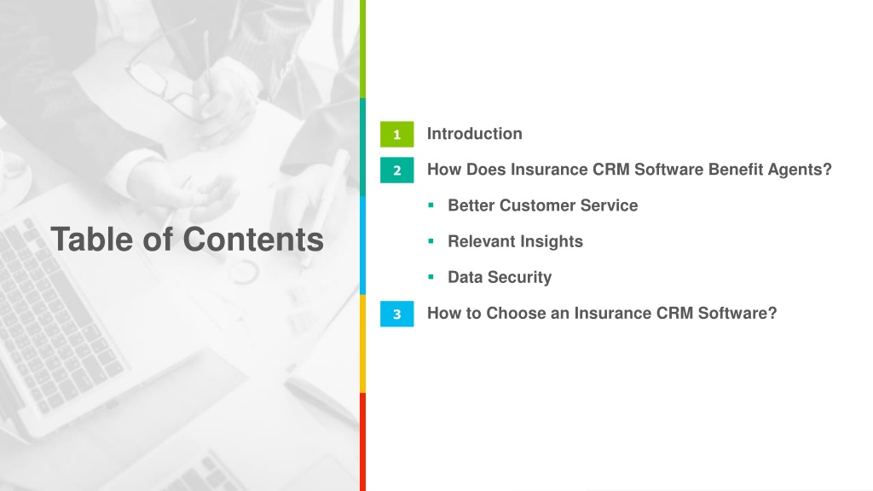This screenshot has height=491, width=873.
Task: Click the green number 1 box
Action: pyautogui.click(x=397, y=134)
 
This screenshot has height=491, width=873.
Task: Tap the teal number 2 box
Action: pyautogui.click(x=397, y=170)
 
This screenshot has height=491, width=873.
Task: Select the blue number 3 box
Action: pyautogui.click(x=397, y=314)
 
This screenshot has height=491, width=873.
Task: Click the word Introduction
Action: pyautogui.click(x=474, y=134)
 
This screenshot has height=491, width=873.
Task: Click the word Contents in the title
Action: pyautogui.click(x=253, y=240)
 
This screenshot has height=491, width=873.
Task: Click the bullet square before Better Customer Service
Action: pyautogui.click(x=431, y=205)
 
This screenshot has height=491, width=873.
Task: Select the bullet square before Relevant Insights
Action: pyautogui.click(x=431, y=241)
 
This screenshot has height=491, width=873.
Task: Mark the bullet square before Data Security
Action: pyautogui.click(x=431, y=277)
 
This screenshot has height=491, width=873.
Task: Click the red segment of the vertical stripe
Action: pyautogui.click(x=362, y=442)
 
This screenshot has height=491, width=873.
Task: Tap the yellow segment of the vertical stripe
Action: pyautogui.click(x=362, y=344)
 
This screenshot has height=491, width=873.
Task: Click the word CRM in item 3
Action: pyautogui.click(x=675, y=313)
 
